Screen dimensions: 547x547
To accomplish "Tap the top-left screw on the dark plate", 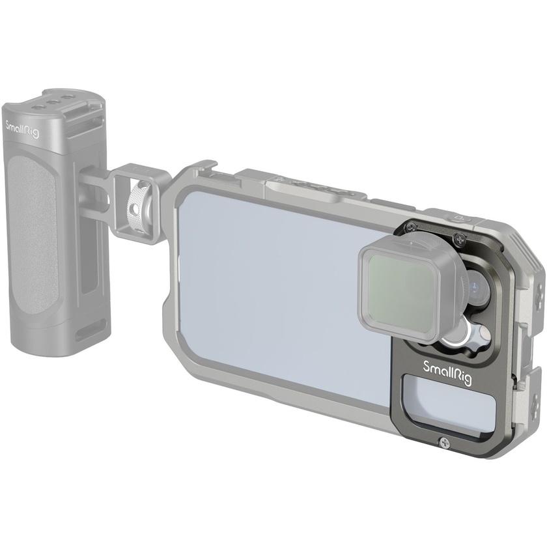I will [x=410, y=227].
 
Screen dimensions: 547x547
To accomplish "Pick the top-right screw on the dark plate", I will [x=461, y=238].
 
